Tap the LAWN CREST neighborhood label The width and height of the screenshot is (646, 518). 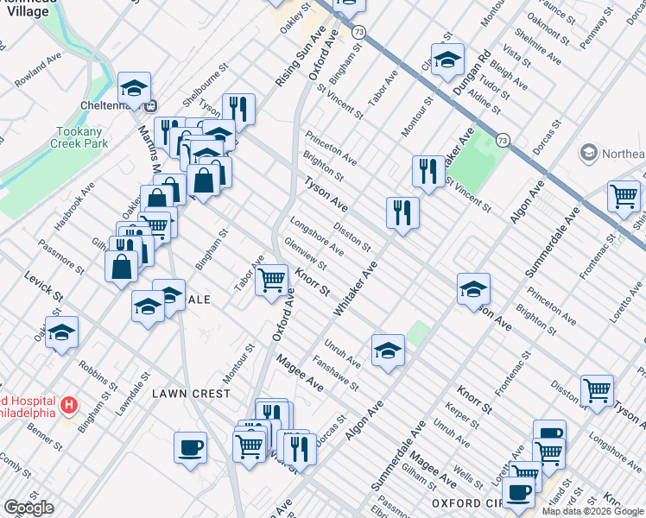191,394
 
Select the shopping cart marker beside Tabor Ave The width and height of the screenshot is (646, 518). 272,280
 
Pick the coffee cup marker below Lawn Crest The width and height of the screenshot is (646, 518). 190,447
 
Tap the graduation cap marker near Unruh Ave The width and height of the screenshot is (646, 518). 389,350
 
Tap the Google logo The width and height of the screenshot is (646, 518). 28,508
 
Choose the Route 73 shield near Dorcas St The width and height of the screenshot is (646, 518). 502,139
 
